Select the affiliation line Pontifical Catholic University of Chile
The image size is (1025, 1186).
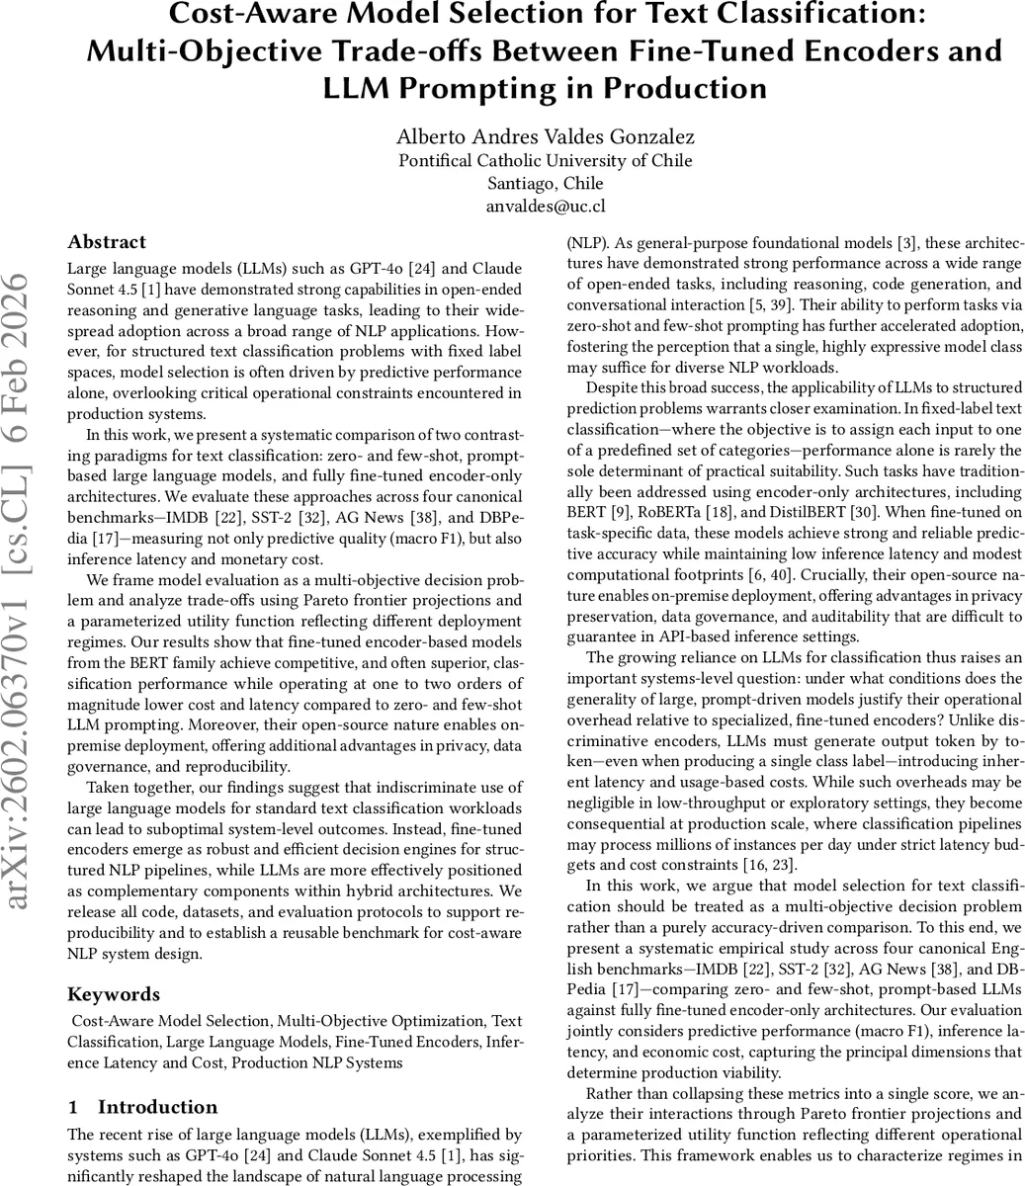(545, 161)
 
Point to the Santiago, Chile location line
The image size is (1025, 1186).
(545, 184)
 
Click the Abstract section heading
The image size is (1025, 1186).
(107, 242)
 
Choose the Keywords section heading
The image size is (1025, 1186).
(113, 994)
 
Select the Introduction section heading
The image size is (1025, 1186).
(157, 1107)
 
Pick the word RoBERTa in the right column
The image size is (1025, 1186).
(709, 511)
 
